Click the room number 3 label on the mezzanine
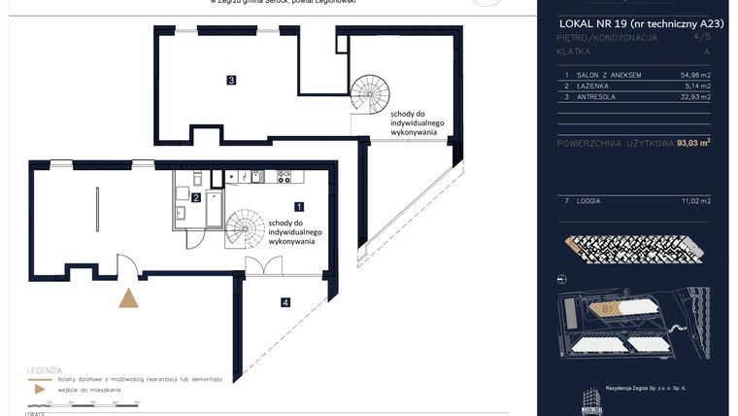tap(231, 80)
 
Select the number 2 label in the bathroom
tap(196, 198)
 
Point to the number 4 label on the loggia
tap(285, 302)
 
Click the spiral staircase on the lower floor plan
tap(246, 230)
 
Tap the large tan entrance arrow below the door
tap(128, 297)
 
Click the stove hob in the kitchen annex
tap(285, 177)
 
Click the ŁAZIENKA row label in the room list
tap(596, 86)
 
